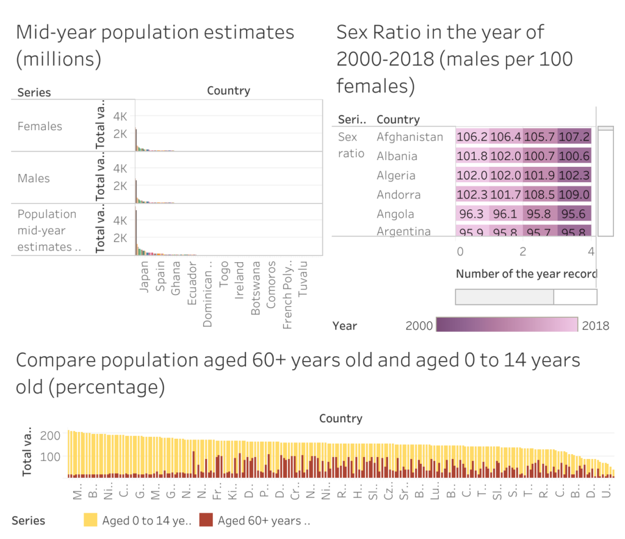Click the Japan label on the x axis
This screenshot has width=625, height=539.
point(145,277)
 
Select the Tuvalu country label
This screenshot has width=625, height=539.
point(303,280)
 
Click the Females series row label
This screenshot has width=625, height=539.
point(40,127)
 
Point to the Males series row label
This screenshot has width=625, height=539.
point(34,178)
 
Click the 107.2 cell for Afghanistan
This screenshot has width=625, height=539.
point(574,137)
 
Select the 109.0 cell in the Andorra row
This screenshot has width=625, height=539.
point(574,195)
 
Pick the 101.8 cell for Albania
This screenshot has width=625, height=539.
point(472,156)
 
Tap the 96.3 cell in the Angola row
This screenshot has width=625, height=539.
point(472,215)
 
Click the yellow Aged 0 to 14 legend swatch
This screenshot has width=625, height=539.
point(90,520)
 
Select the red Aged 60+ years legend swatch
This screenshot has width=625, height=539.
point(206,520)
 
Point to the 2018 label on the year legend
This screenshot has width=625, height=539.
point(595,325)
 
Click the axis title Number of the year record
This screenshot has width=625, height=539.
point(526,274)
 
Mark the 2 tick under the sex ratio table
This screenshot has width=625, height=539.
point(523,252)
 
